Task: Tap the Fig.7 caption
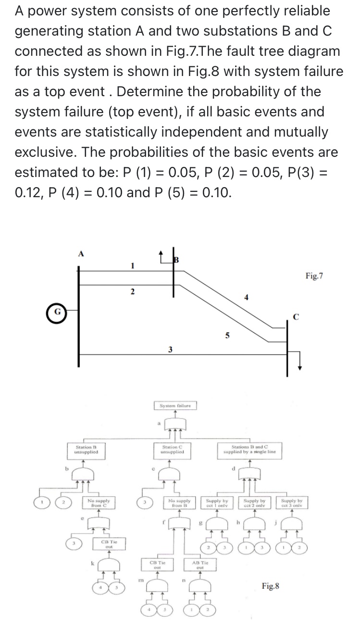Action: [314, 276]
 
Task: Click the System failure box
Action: [175, 405]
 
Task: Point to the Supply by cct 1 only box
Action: [217, 503]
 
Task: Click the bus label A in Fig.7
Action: [80, 255]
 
